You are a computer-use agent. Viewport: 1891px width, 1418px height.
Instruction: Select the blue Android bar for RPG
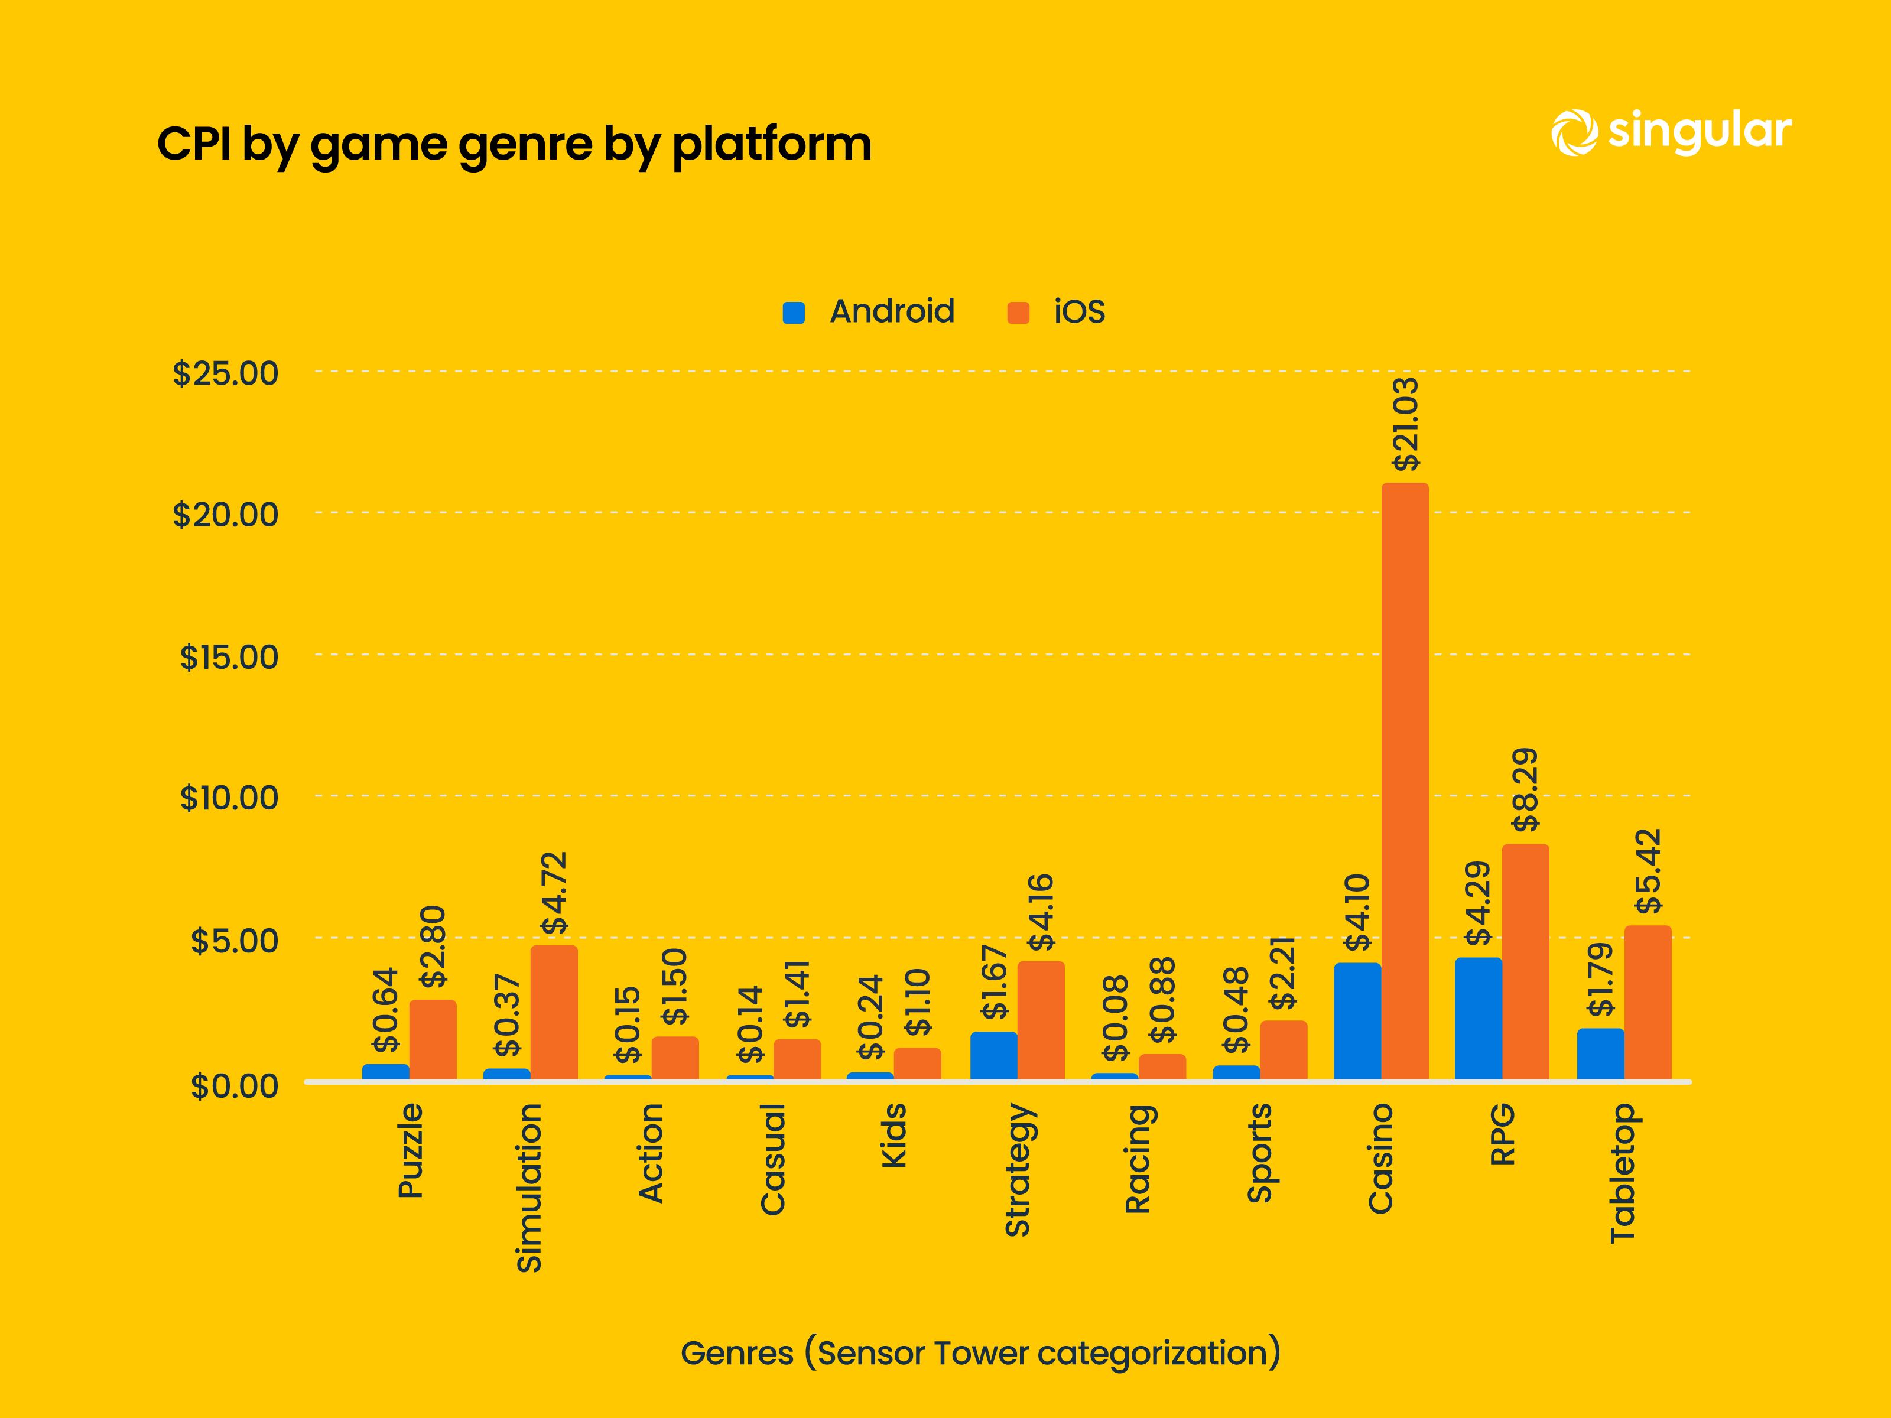coord(1478,1018)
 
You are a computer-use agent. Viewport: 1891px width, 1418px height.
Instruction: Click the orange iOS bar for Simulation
coord(554,1012)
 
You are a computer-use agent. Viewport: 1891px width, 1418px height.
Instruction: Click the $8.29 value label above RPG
coord(1526,790)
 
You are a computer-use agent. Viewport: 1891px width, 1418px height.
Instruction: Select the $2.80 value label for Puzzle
coord(433,946)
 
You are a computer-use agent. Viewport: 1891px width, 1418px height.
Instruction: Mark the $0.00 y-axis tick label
coord(234,1085)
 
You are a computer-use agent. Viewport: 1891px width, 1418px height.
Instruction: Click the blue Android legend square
coord(793,313)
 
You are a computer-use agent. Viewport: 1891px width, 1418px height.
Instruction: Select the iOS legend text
coord(1079,312)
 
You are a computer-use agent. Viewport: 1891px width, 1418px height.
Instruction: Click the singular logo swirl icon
coord(1574,134)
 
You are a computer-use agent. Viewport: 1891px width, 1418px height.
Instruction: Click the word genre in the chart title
coord(525,144)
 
